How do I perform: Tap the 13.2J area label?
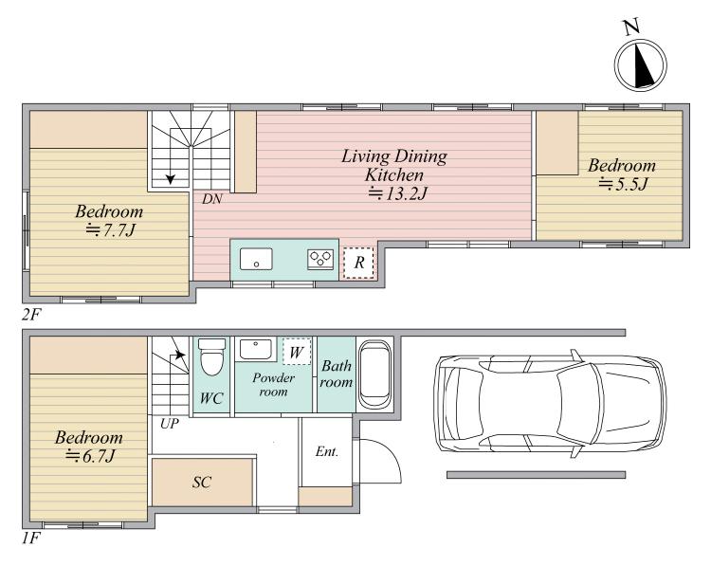pyautogui.click(x=397, y=193)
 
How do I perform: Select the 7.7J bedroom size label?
pyautogui.click(x=111, y=230)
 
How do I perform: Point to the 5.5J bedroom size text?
pyautogui.click(x=623, y=185)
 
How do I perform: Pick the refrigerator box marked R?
pyautogui.click(x=358, y=262)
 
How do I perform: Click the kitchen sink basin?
pyautogui.click(x=256, y=259)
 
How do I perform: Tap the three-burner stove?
pyautogui.click(x=320, y=260)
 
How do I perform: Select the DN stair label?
pyautogui.click(x=211, y=198)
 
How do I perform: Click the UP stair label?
pyautogui.click(x=170, y=424)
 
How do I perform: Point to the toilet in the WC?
pyautogui.click(x=211, y=356)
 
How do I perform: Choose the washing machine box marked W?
pyautogui.click(x=297, y=352)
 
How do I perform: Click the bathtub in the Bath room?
pyautogui.click(x=374, y=374)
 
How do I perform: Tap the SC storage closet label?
pyautogui.click(x=201, y=482)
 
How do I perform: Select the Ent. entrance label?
pyautogui.click(x=327, y=451)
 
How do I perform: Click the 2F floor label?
pyautogui.click(x=31, y=314)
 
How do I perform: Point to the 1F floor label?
pyautogui.click(x=31, y=538)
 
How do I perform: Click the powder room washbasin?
pyautogui.click(x=256, y=349)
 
